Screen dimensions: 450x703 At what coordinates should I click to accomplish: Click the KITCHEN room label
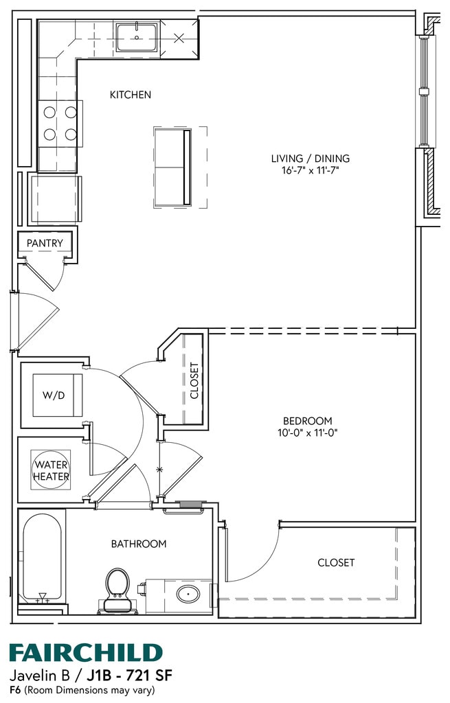(131, 95)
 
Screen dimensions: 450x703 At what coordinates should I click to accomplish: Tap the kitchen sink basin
(137, 38)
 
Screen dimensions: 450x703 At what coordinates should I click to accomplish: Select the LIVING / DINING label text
(310, 159)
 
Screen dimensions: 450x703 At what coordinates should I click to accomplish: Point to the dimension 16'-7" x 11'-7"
(310, 170)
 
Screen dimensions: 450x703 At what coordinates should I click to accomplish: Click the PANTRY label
(45, 243)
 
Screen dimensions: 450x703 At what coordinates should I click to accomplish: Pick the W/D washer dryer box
(58, 395)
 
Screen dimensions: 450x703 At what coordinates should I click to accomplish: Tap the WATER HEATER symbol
(51, 470)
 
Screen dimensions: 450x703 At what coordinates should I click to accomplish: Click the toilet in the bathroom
(117, 590)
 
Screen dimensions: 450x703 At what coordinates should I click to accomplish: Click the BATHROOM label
(139, 544)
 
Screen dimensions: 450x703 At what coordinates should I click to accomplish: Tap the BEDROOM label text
(308, 421)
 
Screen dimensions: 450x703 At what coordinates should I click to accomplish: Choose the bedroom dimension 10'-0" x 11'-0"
(307, 433)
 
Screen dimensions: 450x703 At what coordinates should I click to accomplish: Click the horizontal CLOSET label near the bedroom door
(336, 563)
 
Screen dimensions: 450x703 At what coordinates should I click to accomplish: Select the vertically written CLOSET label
(194, 380)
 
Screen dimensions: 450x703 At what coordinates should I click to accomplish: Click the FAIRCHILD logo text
(86, 653)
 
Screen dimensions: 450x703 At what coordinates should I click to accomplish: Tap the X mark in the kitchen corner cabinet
(179, 38)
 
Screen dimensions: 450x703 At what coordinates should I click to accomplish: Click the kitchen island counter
(173, 168)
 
